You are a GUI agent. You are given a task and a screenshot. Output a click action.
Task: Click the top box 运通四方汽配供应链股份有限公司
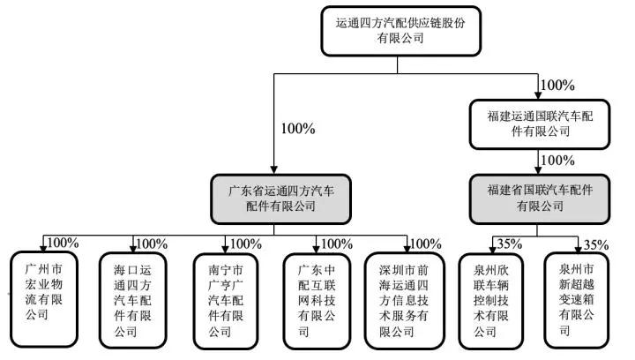[x=407, y=32]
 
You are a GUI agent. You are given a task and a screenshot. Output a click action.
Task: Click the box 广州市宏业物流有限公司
[x=42, y=296]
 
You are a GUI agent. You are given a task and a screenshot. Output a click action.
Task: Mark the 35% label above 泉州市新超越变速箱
[x=598, y=244]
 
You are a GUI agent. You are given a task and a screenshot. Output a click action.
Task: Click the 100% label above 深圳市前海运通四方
[x=426, y=243]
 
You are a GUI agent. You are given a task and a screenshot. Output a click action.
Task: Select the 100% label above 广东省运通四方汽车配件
[x=297, y=129]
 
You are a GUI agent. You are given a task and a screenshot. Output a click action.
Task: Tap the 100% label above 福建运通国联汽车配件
[x=557, y=86]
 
